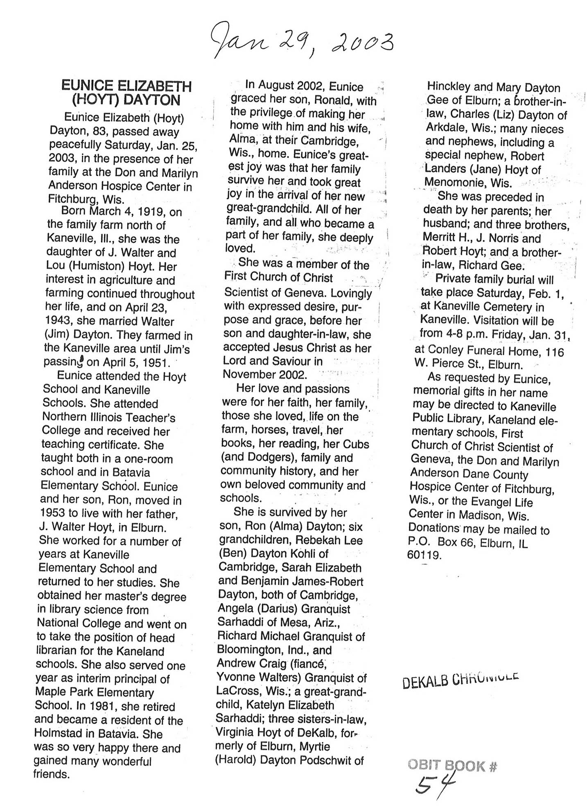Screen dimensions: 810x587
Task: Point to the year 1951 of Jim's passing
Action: tap(153, 363)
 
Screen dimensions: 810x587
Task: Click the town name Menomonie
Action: tap(456, 183)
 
